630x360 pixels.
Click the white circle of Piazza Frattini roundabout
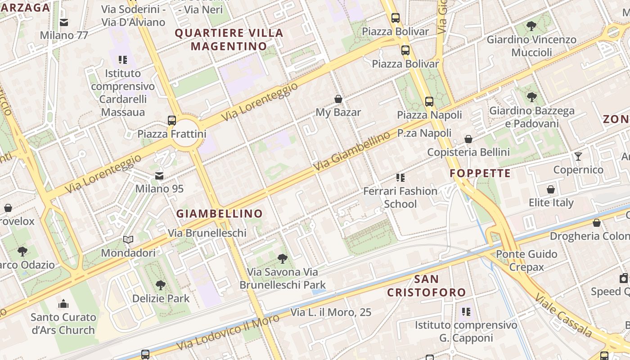tap(185, 135)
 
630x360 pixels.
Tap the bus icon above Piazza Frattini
tap(171, 120)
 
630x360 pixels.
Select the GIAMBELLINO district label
tap(219, 214)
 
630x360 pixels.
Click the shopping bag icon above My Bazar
tap(338, 99)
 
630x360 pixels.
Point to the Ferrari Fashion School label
tap(400, 198)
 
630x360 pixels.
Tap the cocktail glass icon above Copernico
tap(578, 157)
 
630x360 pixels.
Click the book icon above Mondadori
tap(128, 240)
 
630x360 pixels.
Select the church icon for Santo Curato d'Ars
tap(63, 304)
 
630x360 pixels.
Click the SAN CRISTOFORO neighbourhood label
tap(427, 286)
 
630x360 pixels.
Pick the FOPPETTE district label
tap(480, 173)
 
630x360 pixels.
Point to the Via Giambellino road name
tap(352, 152)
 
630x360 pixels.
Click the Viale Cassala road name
tap(564, 316)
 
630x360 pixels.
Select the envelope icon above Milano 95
tap(159, 175)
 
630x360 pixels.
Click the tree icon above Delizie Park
tap(160, 285)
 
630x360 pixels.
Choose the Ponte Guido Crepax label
tap(526, 261)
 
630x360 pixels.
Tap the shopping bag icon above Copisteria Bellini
tap(468, 139)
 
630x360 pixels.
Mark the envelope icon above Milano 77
tap(64, 22)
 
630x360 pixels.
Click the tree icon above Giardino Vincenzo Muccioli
tap(531, 26)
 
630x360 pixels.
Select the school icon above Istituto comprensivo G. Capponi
tap(466, 311)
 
